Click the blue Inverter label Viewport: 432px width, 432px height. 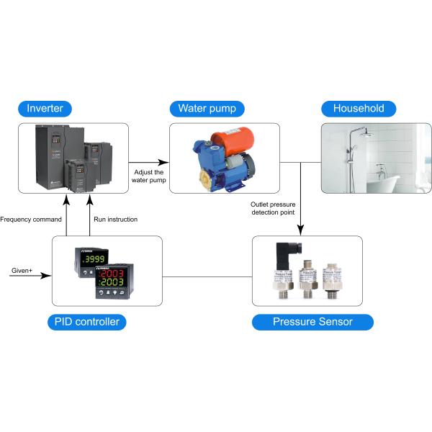45,109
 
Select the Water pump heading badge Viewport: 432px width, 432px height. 207,109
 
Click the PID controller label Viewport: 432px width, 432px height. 88,322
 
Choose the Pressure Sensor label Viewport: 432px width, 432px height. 312,322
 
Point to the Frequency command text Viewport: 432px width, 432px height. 31,219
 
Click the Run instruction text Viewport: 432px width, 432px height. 115,219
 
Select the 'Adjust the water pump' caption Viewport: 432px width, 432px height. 149,176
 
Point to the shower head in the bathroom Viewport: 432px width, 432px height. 363,134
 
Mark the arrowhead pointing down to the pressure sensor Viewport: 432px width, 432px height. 300,231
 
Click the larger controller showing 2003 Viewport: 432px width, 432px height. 112,283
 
